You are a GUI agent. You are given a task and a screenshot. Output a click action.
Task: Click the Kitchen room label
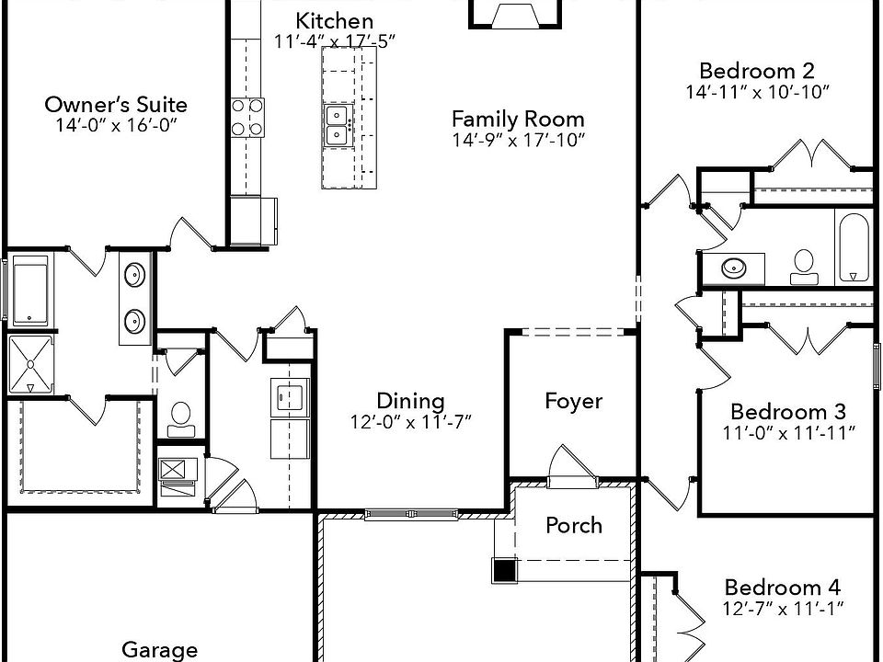(322, 21)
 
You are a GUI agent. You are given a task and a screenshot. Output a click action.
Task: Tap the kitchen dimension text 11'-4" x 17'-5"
(322, 41)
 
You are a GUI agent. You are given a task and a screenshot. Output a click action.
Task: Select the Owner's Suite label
(116, 105)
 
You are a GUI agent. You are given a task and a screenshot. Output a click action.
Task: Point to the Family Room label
(518, 119)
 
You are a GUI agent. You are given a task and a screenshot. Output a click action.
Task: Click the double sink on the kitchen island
(337, 125)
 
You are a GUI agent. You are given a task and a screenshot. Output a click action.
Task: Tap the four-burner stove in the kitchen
(247, 117)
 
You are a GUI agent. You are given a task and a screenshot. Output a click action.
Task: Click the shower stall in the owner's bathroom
(30, 364)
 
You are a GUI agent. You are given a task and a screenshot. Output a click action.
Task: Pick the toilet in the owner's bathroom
(180, 419)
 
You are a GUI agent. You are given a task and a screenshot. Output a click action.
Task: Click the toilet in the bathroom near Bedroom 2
(804, 266)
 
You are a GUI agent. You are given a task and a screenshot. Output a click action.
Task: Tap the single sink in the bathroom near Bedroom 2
(734, 268)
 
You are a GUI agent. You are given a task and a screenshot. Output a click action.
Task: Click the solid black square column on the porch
(503, 570)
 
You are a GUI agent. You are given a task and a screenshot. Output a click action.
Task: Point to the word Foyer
(573, 401)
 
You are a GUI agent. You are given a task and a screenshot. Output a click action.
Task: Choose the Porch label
(574, 525)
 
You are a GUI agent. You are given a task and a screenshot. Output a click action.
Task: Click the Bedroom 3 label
(787, 411)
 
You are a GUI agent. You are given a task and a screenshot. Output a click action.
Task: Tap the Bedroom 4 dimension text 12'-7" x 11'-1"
(783, 607)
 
